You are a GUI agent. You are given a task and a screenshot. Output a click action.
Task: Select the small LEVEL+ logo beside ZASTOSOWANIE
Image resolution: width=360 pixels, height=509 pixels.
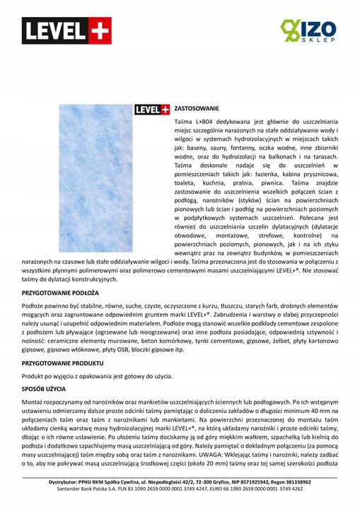coord(152,110)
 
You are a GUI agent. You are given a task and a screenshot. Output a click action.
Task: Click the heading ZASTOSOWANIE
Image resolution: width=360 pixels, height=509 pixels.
coord(197,109)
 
